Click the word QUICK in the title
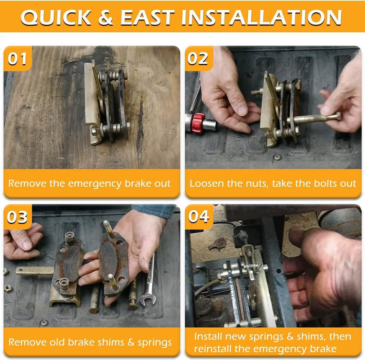(56, 17)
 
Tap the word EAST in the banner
(147, 17)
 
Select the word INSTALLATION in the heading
(262, 17)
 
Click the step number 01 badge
(18, 59)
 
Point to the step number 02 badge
(199, 59)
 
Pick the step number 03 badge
(18, 217)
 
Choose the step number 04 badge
(199, 217)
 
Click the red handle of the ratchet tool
(198, 123)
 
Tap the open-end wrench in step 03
(148, 281)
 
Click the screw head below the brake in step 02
(277, 157)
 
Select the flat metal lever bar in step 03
(35, 270)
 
